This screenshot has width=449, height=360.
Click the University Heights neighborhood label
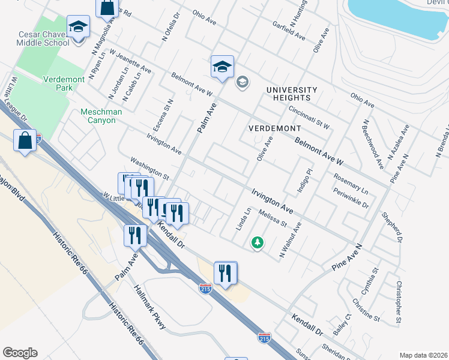click(292, 94)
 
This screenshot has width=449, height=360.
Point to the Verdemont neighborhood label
click(274, 128)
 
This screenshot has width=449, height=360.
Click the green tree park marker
click(258, 242)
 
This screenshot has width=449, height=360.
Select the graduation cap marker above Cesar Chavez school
click(78, 26)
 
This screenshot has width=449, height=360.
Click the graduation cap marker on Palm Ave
click(222, 67)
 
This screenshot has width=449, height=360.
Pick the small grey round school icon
click(243, 82)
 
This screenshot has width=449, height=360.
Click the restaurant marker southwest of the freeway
click(134, 235)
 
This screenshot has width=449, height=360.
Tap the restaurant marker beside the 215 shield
click(225, 273)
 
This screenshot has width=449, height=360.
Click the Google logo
click(20, 352)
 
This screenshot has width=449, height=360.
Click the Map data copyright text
click(424, 355)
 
